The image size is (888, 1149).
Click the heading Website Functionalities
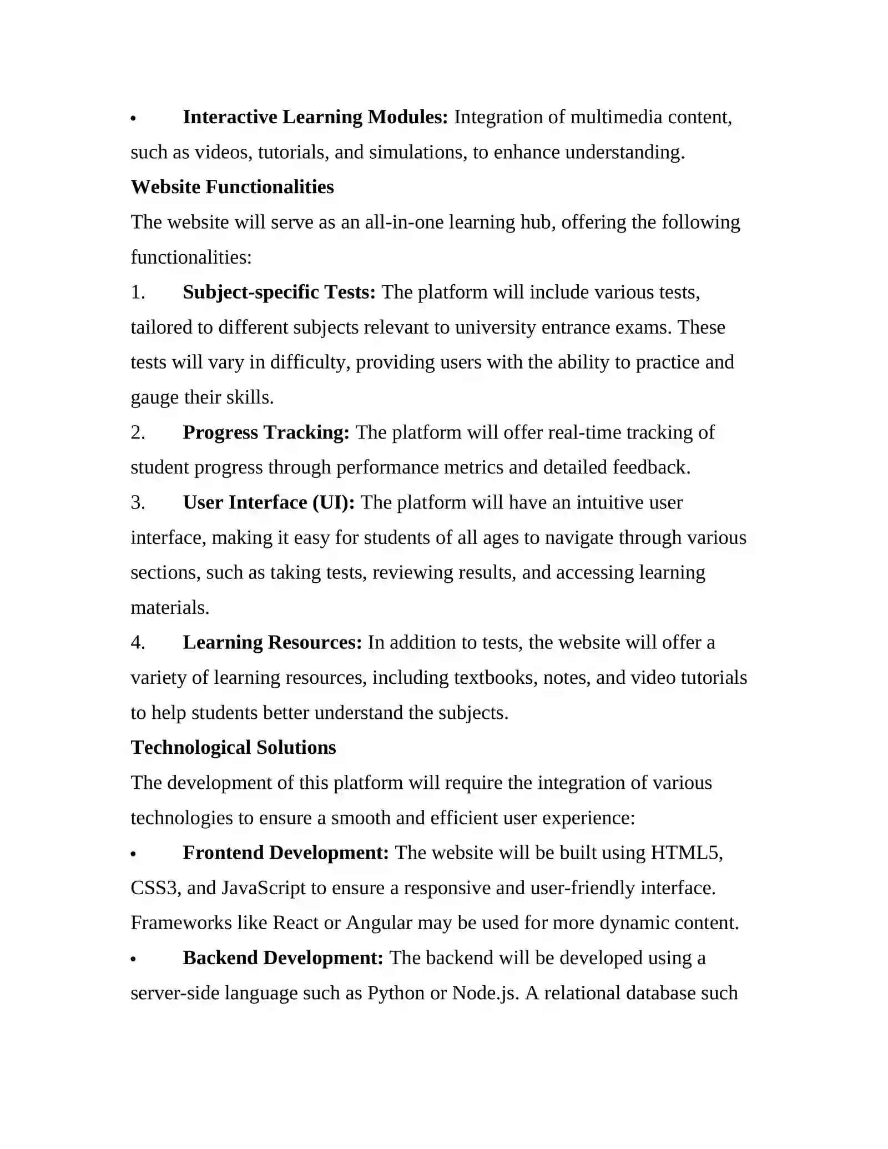pyautogui.click(x=232, y=187)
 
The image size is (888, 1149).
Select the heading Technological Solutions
pyautogui.click(x=233, y=748)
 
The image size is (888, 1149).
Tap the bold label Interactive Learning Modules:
pyautogui.click(x=315, y=117)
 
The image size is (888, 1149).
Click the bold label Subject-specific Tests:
pyautogui.click(x=279, y=292)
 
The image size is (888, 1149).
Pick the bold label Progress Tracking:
pyautogui.click(x=266, y=432)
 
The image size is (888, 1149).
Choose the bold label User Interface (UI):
pyautogui.click(x=269, y=502)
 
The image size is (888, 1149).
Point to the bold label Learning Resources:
pyautogui.click(x=272, y=642)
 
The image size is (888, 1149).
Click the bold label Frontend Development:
pyautogui.click(x=286, y=853)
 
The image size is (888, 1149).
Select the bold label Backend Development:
pyautogui.click(x=283, y=958)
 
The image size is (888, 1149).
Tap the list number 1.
pyautogui.click(x=138, y=293)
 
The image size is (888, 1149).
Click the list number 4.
pyautogui.click(x=138, y=643)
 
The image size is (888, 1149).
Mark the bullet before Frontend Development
pyautogui.click(x=133, y=855)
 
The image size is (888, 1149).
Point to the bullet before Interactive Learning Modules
pyautogui.click(x=133, y=119)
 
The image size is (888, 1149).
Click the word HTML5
pyautogui.click(x=686, y=853)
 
